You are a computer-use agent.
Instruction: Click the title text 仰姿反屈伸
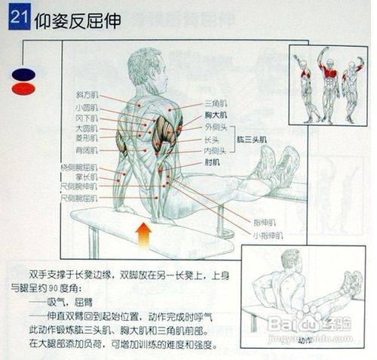77,20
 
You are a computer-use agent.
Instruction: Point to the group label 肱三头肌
253,140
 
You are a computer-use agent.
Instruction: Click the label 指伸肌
264,223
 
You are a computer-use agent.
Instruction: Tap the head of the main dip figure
145,63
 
